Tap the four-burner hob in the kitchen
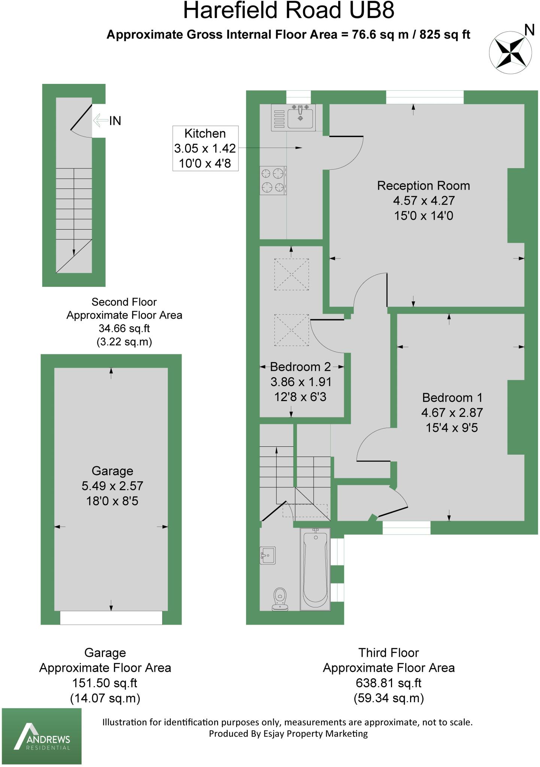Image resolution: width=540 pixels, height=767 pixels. click(273, 180)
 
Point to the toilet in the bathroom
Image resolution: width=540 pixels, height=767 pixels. click(280, 598)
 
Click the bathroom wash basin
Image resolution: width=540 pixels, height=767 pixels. click(268, 555)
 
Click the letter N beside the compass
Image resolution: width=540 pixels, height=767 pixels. click(529, 30)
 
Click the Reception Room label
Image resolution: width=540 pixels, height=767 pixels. click(423, 186)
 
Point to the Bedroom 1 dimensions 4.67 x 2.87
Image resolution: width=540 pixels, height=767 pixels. click(452, 413)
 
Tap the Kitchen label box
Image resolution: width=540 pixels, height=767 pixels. click(205, 148)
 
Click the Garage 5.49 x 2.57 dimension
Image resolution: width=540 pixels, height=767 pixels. click(112, 486)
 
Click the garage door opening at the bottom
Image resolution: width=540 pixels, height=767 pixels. click(111, 618)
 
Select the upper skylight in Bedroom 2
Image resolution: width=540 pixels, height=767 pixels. click(292, 274)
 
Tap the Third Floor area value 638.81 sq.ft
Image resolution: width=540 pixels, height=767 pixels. click(388, 683)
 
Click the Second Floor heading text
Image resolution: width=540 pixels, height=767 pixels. click(124, 302)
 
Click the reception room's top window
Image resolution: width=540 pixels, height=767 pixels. click(425, 97)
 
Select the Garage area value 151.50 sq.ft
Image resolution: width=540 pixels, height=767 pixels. click(105, 683)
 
